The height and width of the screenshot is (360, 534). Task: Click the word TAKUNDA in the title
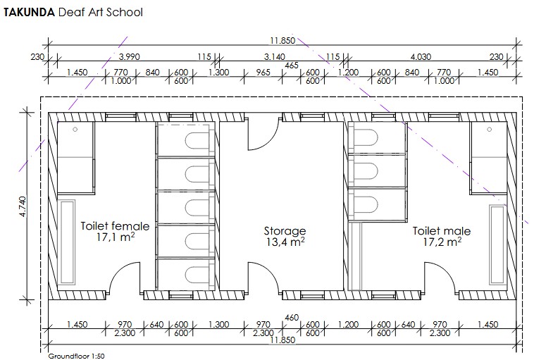click(29, 12)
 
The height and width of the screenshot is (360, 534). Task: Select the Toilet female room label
click(115, 226)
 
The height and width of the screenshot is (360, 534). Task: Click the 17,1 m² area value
click(115, 237)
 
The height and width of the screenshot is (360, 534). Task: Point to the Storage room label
click(285, 231)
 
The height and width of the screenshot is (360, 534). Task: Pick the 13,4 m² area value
click(285, 242)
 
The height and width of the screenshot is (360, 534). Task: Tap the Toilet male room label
click(442, 231)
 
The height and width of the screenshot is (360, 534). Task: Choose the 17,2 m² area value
click(442, 242)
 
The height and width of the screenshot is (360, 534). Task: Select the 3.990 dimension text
click(129, 56)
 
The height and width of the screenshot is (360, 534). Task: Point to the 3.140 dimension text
click(275, 56)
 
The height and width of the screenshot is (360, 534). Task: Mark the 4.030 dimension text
click(421, 56)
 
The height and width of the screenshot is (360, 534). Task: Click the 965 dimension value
click(263, 72)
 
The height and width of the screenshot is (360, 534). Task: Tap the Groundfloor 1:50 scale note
click(76, 356)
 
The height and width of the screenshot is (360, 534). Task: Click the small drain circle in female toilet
click(75, 130)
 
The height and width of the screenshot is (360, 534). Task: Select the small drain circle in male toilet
click(490, 130)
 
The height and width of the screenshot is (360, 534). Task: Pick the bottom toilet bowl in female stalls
click(197, 275)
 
